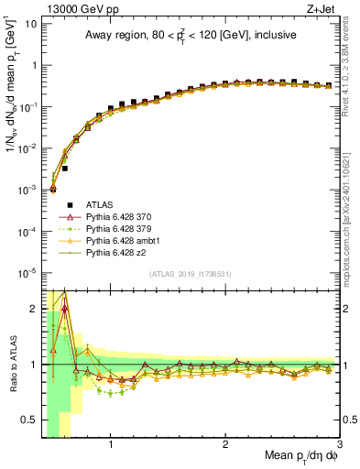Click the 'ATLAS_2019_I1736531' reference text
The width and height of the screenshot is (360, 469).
(190, 274)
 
